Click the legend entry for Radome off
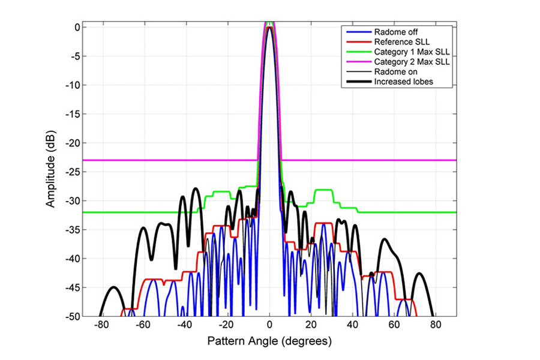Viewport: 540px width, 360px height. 390,32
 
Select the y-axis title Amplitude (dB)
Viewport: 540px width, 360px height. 53,170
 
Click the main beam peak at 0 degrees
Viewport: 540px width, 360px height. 269,28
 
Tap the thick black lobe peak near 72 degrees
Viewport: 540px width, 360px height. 419,274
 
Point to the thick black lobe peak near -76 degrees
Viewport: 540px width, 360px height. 112,287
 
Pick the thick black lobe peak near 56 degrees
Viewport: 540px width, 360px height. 385,239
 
